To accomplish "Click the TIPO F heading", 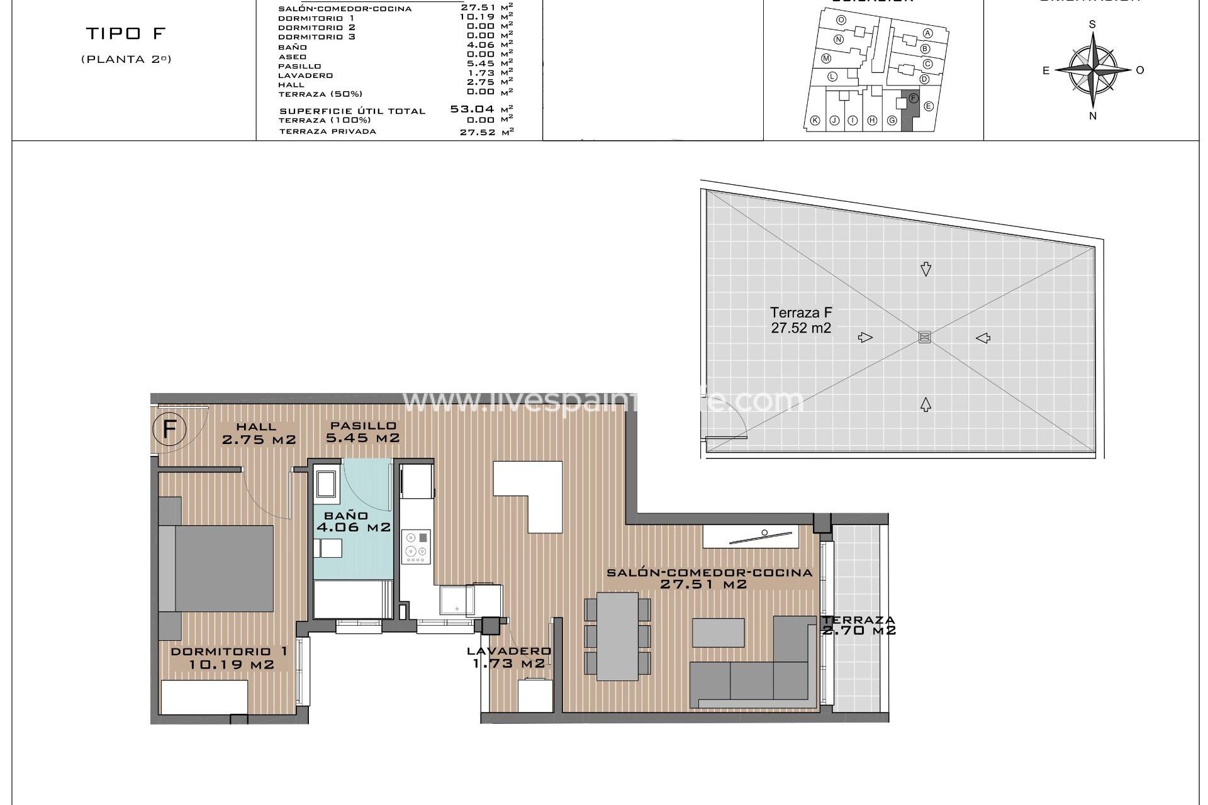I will (125, 33).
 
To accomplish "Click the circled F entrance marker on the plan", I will (169, 430).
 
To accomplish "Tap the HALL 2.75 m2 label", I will (258, 434).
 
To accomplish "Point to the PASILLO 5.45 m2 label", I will (362, 432).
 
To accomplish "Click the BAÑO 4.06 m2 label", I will (353, 522).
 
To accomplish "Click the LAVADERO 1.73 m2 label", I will (508, 657).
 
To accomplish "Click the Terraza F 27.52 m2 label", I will (801, 319).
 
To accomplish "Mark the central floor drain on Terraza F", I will (924, 337).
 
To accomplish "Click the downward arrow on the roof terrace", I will (926, 269).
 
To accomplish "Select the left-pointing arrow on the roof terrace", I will (983, 338).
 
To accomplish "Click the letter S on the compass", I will (1092, 25).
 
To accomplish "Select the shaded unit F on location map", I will (910, 112).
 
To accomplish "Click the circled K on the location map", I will (815, 121).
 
